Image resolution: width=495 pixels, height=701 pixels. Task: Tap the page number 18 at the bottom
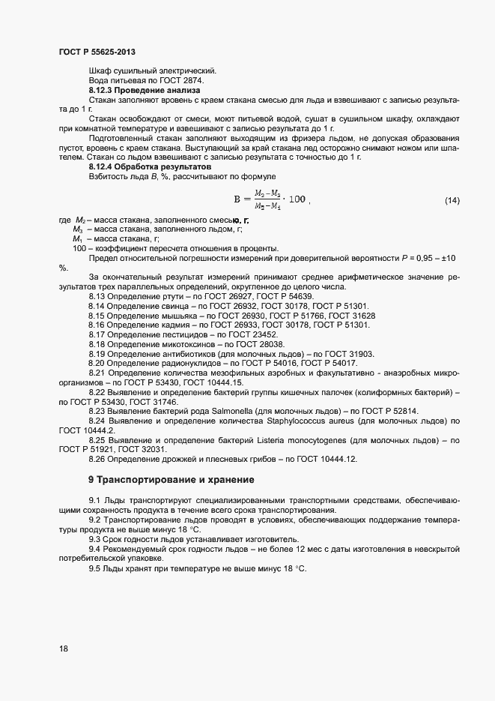coord(64,649)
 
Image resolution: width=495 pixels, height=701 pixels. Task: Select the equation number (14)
coord(452,200)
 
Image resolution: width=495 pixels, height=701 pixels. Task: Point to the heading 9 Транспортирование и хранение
coord(171,478)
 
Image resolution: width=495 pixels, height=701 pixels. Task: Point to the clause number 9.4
coord(95,550)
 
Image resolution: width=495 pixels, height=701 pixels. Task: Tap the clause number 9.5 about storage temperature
coord(95,569)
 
